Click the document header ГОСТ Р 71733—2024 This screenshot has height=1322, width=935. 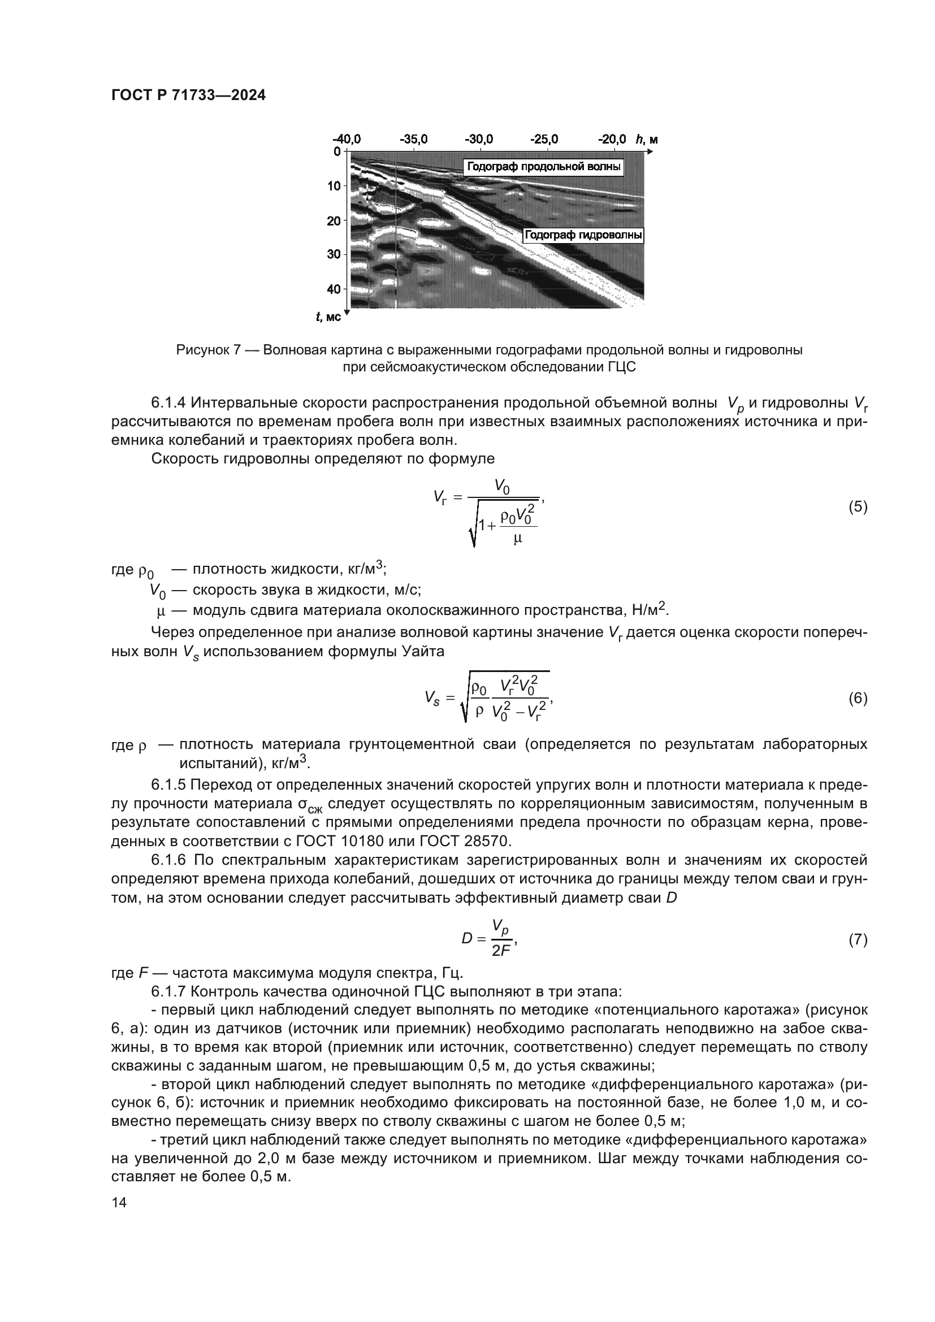(188, 96)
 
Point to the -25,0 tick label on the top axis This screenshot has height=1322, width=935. (544, 140)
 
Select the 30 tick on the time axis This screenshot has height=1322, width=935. (334, 254)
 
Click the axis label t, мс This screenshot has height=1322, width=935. (328, 317)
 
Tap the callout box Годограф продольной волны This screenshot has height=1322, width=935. (543, 167)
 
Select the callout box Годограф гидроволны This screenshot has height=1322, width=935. (584, 235)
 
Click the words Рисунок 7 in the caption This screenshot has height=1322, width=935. (208, 350)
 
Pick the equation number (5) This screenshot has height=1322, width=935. (858, 506)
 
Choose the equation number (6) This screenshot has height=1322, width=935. (858, 699)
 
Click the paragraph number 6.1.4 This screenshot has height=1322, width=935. (168, 402)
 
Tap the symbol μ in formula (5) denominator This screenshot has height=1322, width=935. (517, 539)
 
